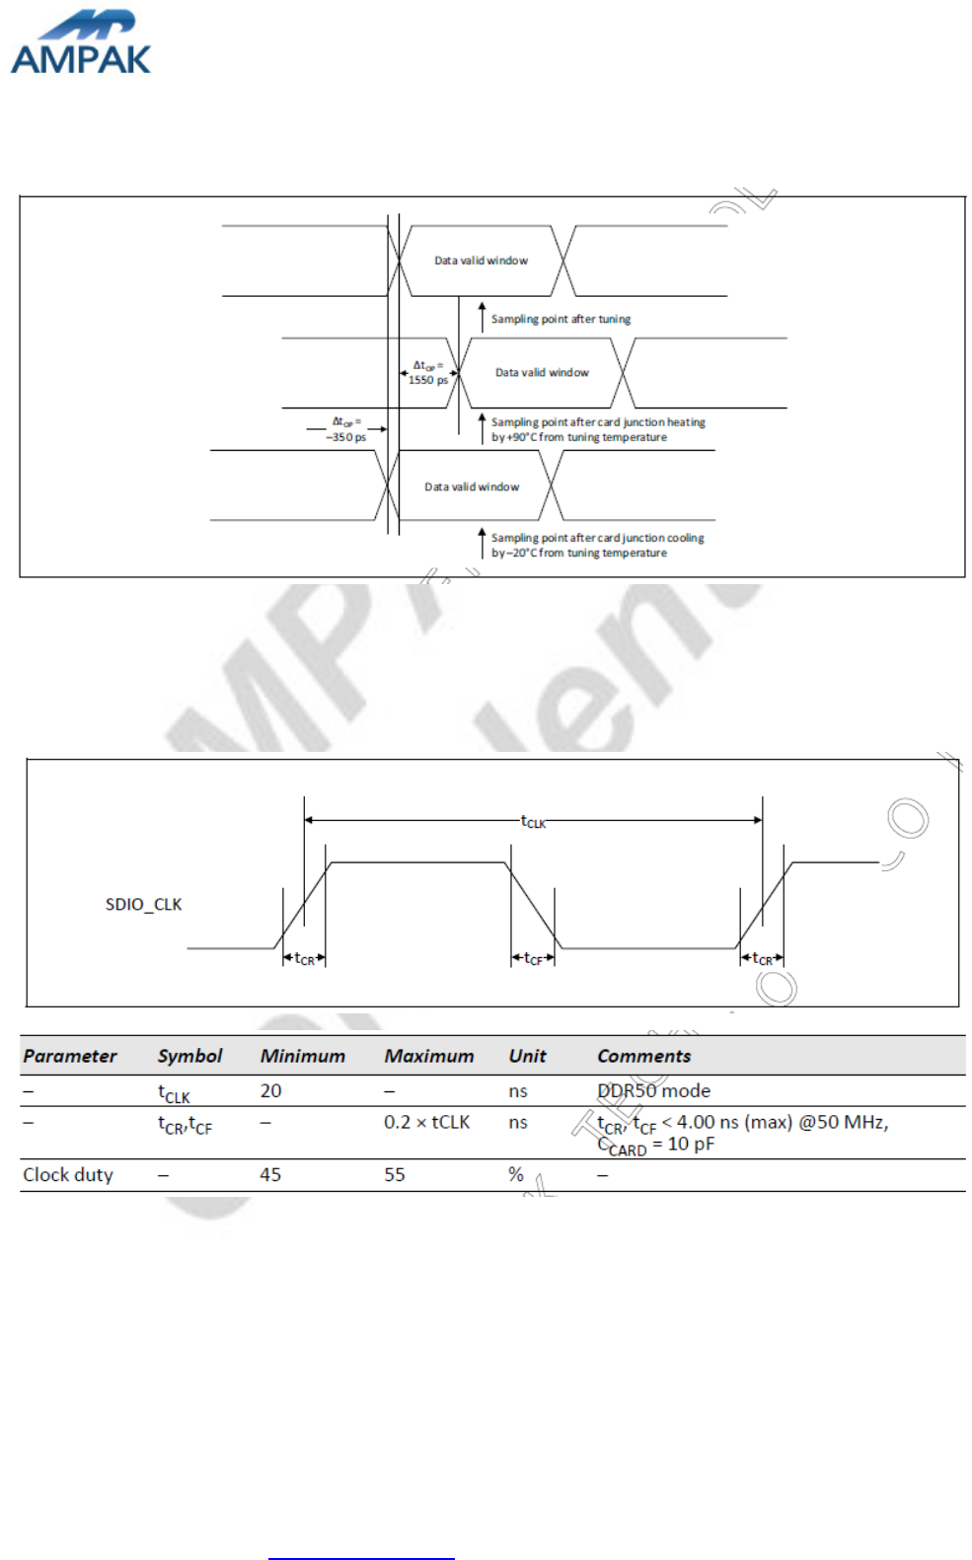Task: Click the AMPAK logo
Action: point(80,44)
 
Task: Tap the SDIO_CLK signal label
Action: point(143,904)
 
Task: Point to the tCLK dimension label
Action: point(533,821)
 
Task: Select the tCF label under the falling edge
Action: point(533,958)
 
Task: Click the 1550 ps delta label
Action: point(427,373)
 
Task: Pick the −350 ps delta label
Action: point(345,430)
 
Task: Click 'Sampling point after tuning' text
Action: point(561,319)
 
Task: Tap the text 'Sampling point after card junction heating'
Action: point(598,422)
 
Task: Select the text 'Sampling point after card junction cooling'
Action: point(597,538)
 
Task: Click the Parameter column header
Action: point(69,1056)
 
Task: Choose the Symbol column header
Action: point(189,1056)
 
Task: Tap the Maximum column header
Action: point(428,1056)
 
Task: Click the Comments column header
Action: point(643,1056)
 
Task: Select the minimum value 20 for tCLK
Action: point(270,1090)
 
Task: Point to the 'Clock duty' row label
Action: point(68,1174)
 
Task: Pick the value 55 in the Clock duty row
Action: point(395,1174)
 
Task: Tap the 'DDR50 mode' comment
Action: point(653,1090)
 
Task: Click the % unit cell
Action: point(515,1174)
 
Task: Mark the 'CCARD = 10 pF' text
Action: point(655,1145)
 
